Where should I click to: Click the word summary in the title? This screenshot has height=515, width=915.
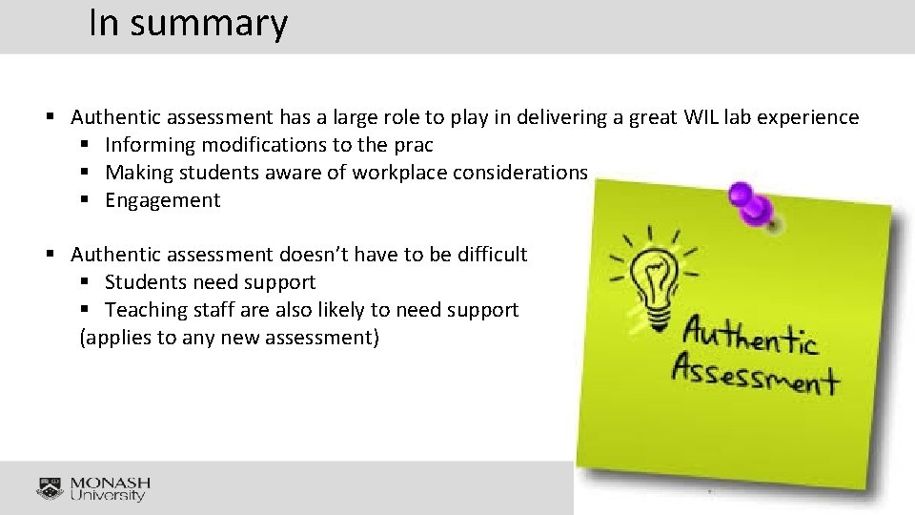209,23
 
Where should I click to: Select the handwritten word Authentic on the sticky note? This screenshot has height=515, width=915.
750,337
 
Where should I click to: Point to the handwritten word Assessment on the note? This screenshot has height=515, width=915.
754,374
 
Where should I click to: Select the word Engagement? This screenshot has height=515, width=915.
162,200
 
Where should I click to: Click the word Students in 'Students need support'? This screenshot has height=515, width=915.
146,282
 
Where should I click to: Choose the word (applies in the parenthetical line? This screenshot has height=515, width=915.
112,338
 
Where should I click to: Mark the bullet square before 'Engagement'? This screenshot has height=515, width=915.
87,200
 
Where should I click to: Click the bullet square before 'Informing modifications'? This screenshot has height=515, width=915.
87,145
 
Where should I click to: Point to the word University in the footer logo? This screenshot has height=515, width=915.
109,496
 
